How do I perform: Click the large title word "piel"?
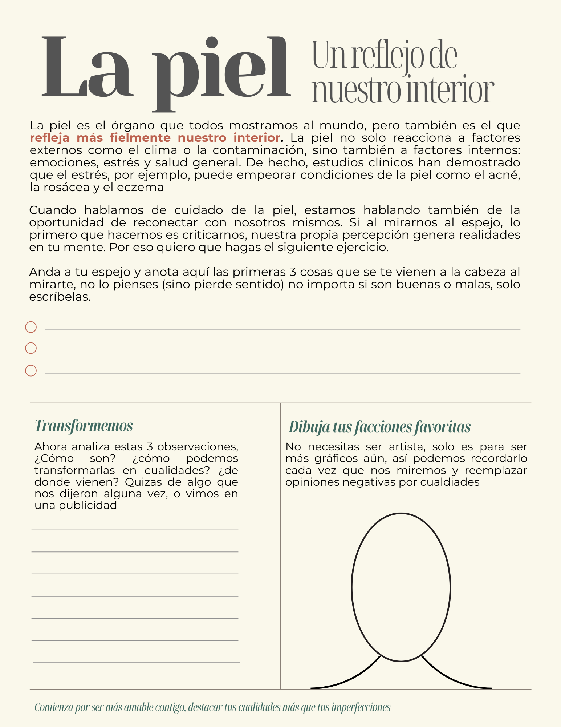[221, 71]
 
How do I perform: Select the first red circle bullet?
[31, 327]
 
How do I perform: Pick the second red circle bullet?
[31, 348]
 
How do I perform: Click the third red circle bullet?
[31, 371]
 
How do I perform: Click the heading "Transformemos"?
[84, 426]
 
